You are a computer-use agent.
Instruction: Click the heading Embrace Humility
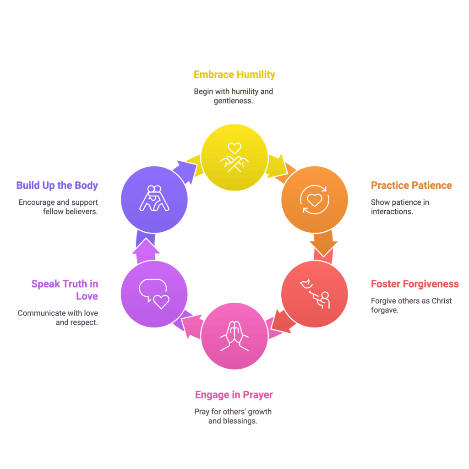point(234,75)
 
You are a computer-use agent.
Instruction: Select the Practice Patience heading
point(411,185)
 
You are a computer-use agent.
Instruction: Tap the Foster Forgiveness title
point(414,284)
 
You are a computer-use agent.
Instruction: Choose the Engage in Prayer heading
point(234,395)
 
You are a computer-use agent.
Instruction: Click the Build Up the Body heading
point(57,185)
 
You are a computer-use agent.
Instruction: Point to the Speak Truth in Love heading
point(65,290)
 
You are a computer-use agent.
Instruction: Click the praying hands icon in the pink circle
point(234,336)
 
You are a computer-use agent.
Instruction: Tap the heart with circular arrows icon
point(315,200)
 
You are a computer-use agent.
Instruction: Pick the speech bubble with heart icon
point(154,294)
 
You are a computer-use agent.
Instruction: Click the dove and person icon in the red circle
point(315,294)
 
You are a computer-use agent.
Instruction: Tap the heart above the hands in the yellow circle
point(234,148)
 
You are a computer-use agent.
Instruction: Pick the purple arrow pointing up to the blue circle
point(146,251)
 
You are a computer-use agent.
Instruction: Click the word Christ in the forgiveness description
point(442,300)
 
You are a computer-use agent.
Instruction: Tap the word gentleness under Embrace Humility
point(233,101)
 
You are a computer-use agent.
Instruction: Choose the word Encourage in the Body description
point(37,202)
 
